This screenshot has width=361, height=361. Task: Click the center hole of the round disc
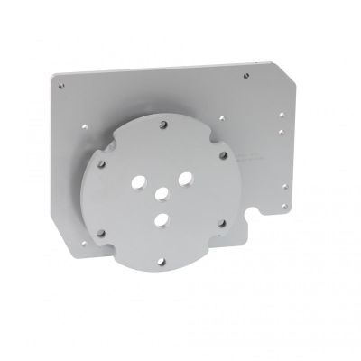[162, 193]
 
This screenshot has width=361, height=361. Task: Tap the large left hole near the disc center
[138, 181]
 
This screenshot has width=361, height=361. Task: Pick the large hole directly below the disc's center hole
[161, 219]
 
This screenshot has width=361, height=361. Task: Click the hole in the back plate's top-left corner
[60, 86]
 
